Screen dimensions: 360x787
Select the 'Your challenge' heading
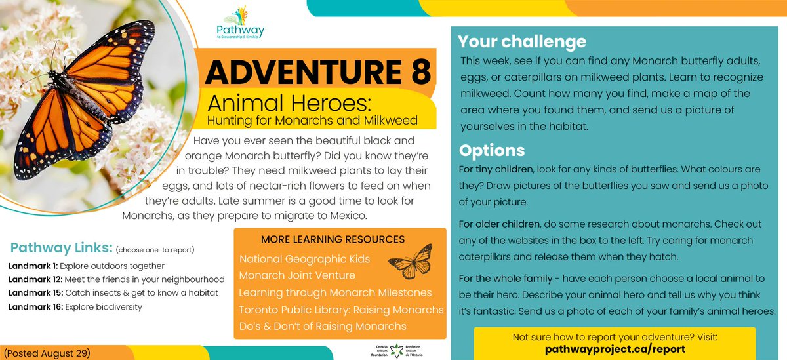[522, 42]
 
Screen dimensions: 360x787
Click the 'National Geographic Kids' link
[304, 259]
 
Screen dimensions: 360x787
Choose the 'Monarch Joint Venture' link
[297, 275]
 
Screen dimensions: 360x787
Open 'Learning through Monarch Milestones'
[335, 292]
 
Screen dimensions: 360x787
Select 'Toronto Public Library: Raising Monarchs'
[341, 310]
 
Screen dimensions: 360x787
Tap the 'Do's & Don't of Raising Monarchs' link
[323, 326]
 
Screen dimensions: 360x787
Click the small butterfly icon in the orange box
[410, 261]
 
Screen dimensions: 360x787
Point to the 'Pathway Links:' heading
[61, 249]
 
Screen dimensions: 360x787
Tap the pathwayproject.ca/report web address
[615, 349]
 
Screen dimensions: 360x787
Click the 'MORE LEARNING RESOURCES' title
[333, 239]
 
